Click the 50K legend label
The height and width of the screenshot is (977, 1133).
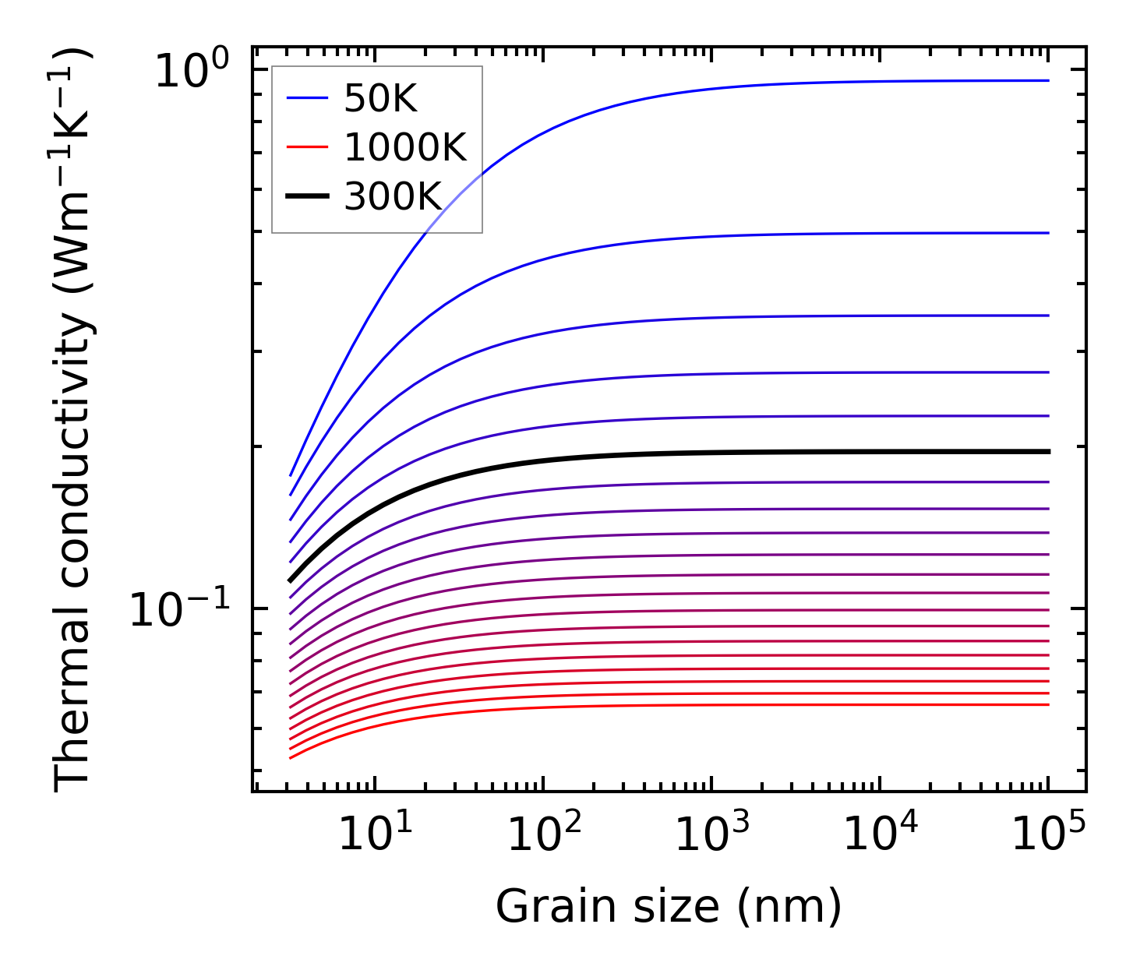[x=380, y=99]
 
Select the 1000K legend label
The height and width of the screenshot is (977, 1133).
[x=405, y=148]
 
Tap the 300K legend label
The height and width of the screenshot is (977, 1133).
[x=393, y=197]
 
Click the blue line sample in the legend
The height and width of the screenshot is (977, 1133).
[x=308, y=98]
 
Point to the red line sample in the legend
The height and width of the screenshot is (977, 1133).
[x=308, y=148]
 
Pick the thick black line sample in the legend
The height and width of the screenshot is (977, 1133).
[x=308, y=197]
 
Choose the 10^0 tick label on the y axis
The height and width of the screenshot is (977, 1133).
[x=192, y=71]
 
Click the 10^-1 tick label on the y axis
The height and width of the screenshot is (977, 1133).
[x=180, y=610]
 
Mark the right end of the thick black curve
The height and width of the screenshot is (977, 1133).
[x=1049, y=451]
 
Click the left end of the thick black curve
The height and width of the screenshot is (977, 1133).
[x=290, y=580]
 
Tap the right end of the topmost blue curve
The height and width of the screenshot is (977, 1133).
[x=1049, y=80]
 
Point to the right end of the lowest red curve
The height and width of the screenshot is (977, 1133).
[x=1049, y=704]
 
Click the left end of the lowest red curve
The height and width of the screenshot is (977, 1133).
[x=290, y=757]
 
